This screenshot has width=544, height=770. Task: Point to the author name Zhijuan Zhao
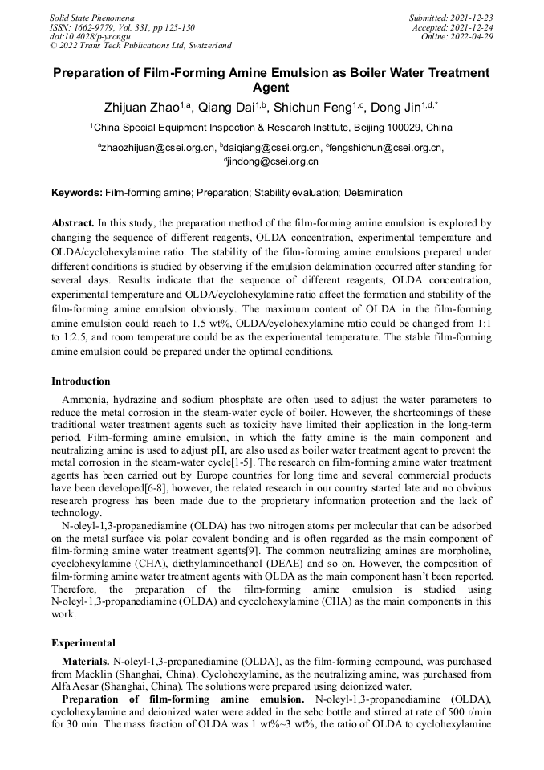(141, 108)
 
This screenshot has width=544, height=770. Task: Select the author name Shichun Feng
(311, 108)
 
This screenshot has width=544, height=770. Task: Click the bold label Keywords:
(77, 193)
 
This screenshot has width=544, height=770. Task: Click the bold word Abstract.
(73, 222)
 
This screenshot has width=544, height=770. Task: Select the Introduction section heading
(81, 381)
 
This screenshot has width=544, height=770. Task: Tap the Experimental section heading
(83, 643)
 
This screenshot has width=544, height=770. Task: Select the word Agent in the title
(271, 88)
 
